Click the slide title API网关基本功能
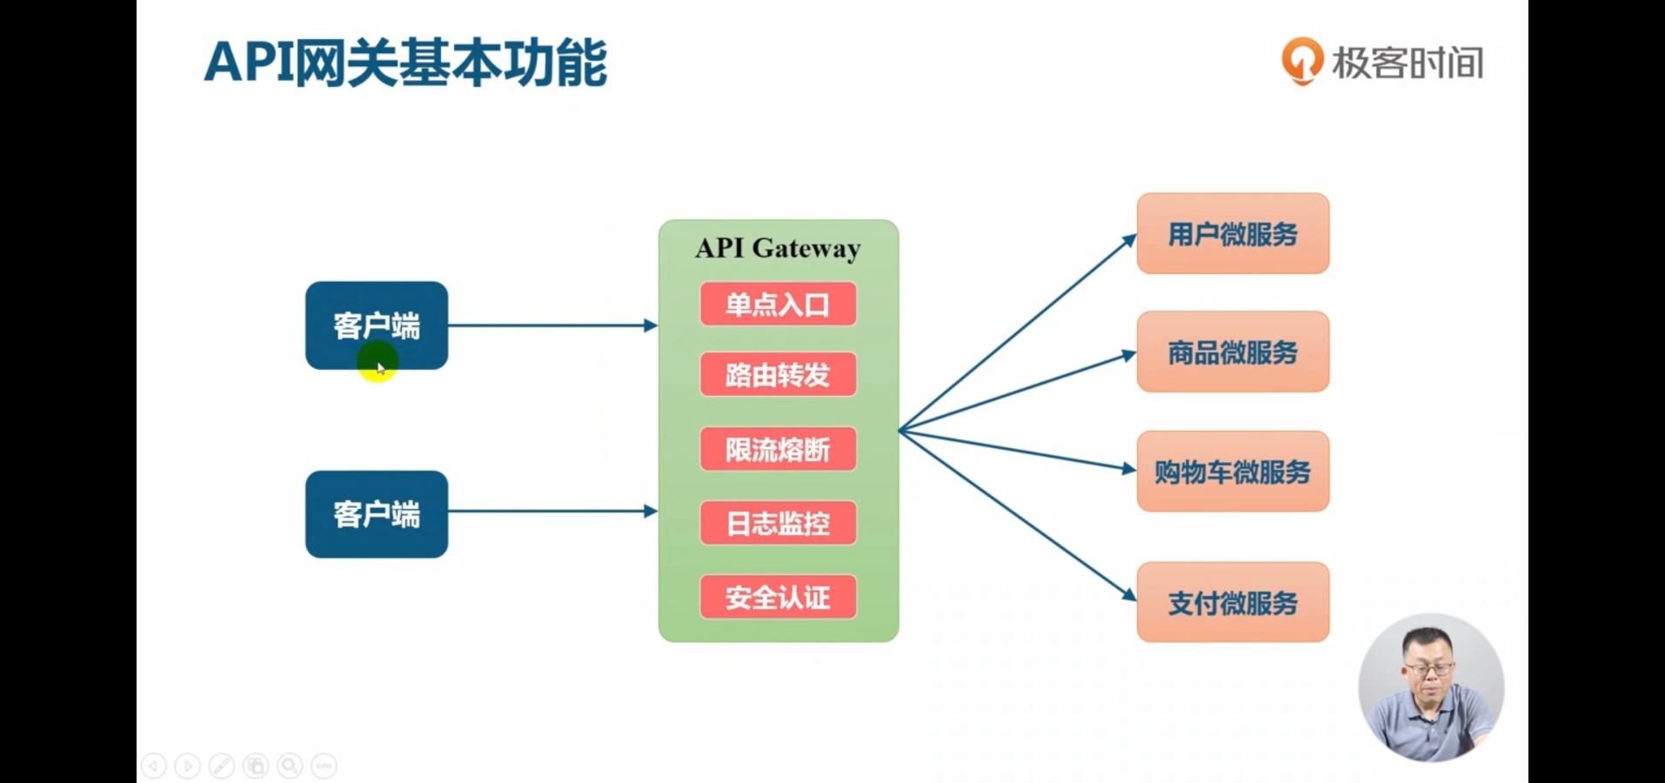pos(405,63)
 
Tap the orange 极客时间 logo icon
pos(1302,61)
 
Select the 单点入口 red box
pos(778,304)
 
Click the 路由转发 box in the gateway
pos(778,375)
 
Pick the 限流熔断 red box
pos(778,449)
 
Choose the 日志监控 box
pos(778,523)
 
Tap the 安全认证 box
pos(778,597)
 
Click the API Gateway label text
pos(778,248)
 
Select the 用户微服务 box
pos(1233,233)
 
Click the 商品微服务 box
pos(1233,351)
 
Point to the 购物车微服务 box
pos(1233,472)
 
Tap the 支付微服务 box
pos(1233,602)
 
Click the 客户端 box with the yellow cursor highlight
pos(377,325)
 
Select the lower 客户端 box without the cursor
pos(377,514)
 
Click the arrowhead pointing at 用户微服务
pos(1130,239)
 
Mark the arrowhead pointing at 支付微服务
pos(1129,595)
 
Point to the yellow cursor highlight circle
pos(378,361)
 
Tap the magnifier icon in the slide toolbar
pos(290,766)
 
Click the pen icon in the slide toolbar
pos(222,766)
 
